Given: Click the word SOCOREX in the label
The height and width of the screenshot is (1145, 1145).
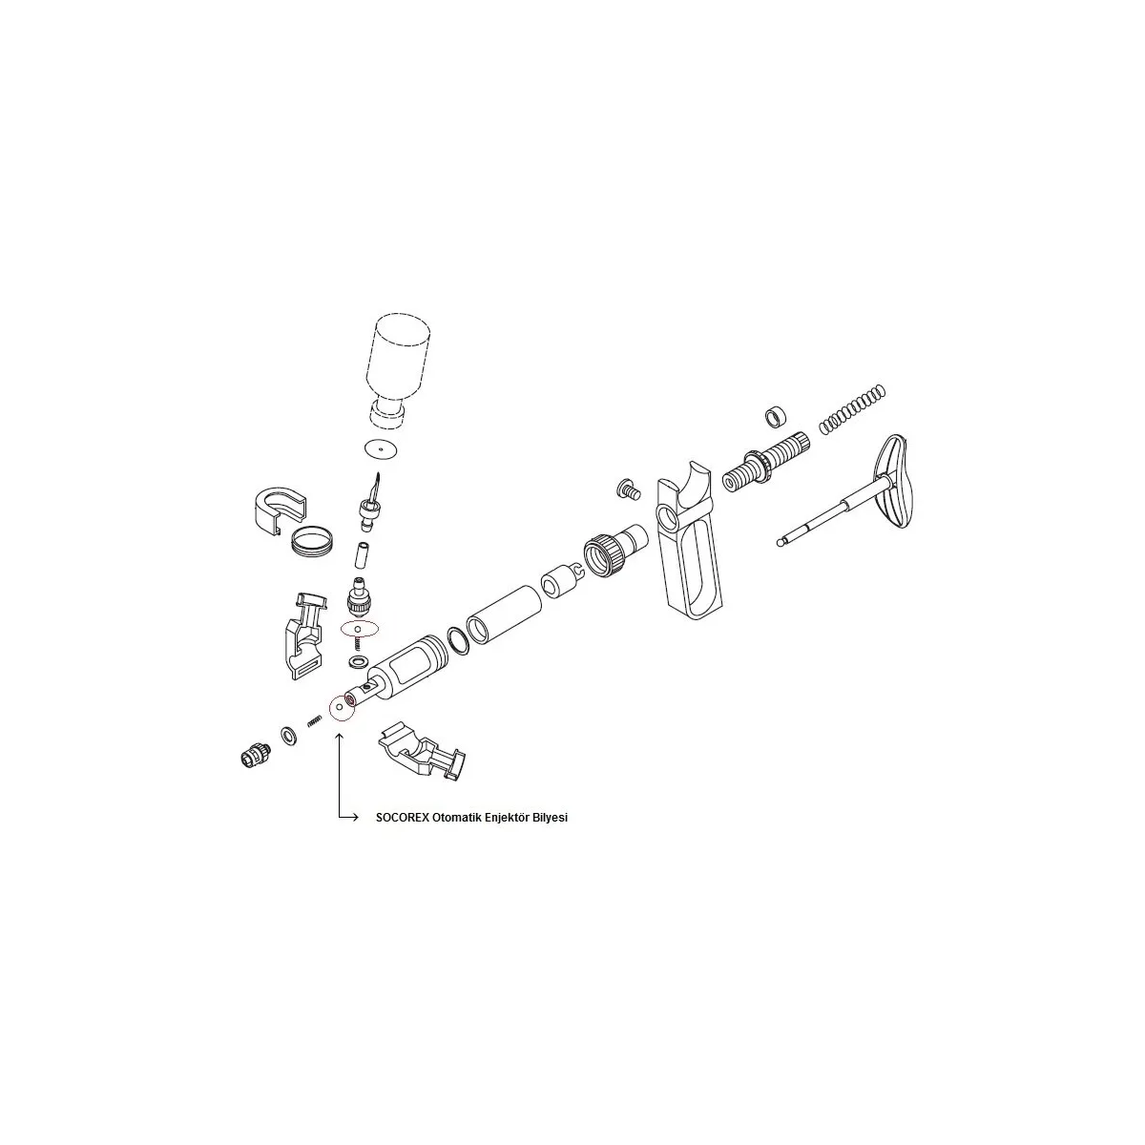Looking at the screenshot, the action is coord(402,818).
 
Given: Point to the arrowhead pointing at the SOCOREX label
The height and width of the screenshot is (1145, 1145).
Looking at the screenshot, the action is coord(355,818).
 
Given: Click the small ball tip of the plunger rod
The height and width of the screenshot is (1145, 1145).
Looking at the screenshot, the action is coord(781,542).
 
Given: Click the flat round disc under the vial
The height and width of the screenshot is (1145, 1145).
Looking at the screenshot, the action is coord(381,448).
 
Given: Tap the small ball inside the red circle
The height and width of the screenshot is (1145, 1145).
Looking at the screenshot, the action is coord(338,707).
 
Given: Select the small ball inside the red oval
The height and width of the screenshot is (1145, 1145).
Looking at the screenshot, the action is coord(358,628).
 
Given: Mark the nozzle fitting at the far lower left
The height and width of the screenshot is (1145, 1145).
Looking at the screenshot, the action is coord(256,755).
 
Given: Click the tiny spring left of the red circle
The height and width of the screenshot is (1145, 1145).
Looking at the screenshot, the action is coord(314,720).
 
